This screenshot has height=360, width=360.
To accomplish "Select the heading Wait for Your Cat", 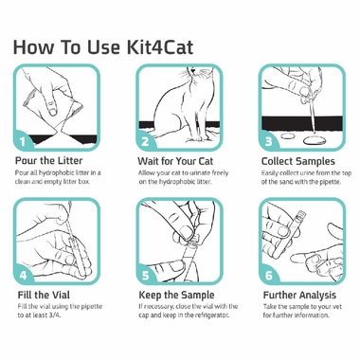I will coord(182,162).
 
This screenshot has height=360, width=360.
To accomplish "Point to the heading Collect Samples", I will coord(301,162).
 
